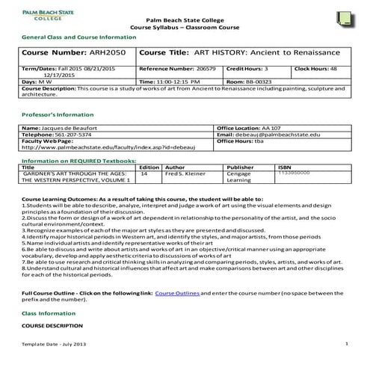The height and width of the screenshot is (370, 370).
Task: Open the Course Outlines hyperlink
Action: [x=177, y=292]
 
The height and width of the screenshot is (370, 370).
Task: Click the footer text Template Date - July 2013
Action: [x=54, y=342]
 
